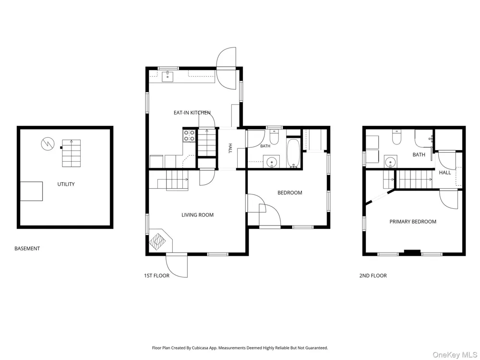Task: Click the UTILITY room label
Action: coord(66,184)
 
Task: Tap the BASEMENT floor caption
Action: coord(27,249)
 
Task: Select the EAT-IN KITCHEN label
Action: coord(192,113)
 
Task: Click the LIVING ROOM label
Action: coord(197,215)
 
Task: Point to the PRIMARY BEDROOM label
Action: coord(413,222)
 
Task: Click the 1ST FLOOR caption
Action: coord(157,276)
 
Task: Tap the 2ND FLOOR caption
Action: coord(373,276)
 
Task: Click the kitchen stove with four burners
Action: coord(189,136)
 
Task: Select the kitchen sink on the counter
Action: coord(168,76)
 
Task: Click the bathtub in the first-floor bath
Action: coord(294,153)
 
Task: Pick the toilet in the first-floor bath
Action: coord(274,137)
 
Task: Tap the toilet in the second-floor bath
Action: coord(397,137)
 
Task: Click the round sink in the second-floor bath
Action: coord(390,162)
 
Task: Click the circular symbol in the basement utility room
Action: coord(48,144)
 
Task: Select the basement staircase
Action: coord(72,153)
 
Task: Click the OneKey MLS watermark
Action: coord(455,355)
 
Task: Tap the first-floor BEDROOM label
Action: coord(290,192)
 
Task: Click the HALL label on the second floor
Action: coord(445,173)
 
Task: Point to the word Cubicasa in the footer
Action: coord(200,348)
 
